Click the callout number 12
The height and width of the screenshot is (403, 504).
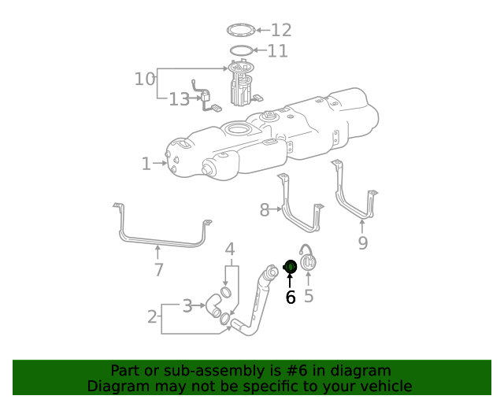pyautogui.click(x=281, y=30)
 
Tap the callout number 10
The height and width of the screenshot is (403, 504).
pyautogui.click(x=145, y=79)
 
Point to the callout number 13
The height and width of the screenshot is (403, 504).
pyautogui.click(x=179, y=99)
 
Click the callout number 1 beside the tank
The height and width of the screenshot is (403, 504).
pyautogui.click(x=146, y=164)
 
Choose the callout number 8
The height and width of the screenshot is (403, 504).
pyautogui.click(x=265, y=209)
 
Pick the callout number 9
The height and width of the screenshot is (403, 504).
pyautogui.click(x=362, y=243)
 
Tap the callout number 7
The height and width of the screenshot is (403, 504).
pyautogui.click(x=158, y=270)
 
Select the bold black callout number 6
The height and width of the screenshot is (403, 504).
pyautogui.click(x=290, y=297)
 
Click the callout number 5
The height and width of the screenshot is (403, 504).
pyautogui.click(x=309, y=296)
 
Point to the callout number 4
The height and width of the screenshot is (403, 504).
pyautogui.click(x=230, y=250)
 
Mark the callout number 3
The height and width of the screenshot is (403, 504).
pyautogui.click(x=187, y=305)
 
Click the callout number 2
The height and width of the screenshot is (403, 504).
pyautogui.click(x=152, y=317)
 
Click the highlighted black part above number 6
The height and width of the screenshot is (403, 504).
pyautogui.click(x=289, y=268)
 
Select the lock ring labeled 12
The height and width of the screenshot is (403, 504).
pyautogui.click(x=242, y=30)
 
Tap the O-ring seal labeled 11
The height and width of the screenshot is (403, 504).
pyautogui.click(x=242, y=51)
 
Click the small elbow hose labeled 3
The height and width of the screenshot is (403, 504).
pyautogui.click(x=213, y=305)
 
